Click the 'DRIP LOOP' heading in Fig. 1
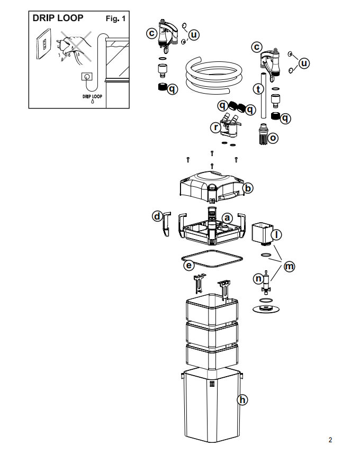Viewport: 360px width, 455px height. [58, 18]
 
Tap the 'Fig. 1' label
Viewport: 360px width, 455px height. [115, 19]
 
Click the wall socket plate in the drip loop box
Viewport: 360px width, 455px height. [43, 43]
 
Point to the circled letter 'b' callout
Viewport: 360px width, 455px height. [248, 188]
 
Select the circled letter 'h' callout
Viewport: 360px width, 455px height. [242, 400]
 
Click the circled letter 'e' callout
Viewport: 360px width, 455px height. [189, 265]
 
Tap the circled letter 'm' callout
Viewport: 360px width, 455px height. [289, 266]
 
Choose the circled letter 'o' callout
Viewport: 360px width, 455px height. [273, 138]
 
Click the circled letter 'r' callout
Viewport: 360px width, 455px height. [215, 127]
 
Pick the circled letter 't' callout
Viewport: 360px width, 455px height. [258, 89]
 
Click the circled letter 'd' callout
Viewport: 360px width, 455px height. [157, 216]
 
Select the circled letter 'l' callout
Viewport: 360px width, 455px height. [276, 234]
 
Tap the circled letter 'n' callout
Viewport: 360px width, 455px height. [258, 279]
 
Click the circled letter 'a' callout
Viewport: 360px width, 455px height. [227, 218]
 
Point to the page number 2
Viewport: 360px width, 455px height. [330, 440]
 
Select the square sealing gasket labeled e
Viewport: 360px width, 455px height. [212, 259]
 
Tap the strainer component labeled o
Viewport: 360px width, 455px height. [263, 134]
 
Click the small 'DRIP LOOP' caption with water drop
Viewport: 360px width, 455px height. [92, 98]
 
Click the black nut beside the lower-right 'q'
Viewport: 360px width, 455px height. [276, 116]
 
